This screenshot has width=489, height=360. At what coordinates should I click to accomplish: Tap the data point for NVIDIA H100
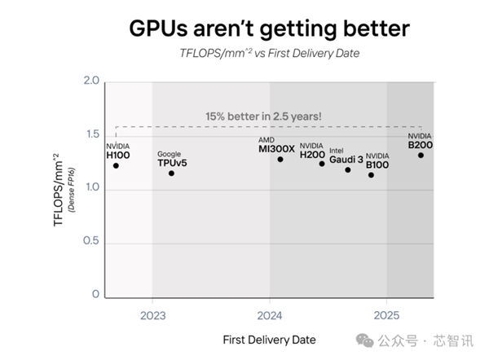tap(116, 165)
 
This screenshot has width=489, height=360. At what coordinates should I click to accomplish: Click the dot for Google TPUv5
tap(171, 173)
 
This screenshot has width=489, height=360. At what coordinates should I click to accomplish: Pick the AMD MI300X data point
tap(280, 159)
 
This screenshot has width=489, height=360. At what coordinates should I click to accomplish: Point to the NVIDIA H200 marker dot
tap(322, 164)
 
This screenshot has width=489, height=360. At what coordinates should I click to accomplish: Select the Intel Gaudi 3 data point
tap(348, 169)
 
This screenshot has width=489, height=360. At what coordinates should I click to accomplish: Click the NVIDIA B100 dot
tap(372, 174)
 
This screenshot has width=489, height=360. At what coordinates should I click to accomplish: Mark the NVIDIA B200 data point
tap(421, 155)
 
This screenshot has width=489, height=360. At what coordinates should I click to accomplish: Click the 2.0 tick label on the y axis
tap(91, 81)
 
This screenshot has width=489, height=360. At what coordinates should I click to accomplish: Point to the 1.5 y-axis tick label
tap(91, 135)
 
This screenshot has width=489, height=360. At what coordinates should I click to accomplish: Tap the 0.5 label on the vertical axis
tap(91, 242)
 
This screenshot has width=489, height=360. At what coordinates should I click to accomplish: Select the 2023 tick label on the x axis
tap(152, 314)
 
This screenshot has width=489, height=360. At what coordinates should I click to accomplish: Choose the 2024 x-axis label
tap(270, 314)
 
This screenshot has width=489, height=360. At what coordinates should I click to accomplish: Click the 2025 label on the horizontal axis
tap(386, 314)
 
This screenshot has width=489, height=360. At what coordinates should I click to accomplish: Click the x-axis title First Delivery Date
tap(268, 339)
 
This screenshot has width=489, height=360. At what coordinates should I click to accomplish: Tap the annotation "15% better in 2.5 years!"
tap(263, 116)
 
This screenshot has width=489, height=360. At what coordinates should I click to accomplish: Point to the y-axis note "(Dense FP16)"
tap(72, 188)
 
